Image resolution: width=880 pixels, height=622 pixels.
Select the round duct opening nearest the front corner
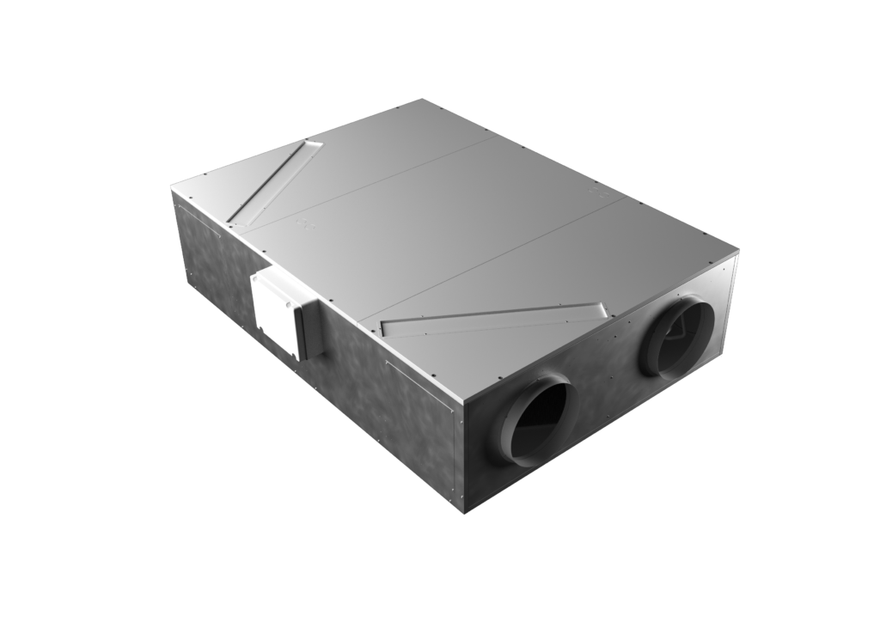[x=540, y=421]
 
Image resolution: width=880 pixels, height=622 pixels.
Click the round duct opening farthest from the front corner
[x=679, y=335]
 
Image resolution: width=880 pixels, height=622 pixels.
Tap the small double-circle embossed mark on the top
[x=302, y=226]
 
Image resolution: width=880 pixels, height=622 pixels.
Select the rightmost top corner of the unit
[x=738, y=251]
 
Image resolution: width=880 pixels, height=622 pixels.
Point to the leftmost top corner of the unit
[x=171, y=190]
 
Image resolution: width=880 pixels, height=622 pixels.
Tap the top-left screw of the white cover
[x=255, y=278]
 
